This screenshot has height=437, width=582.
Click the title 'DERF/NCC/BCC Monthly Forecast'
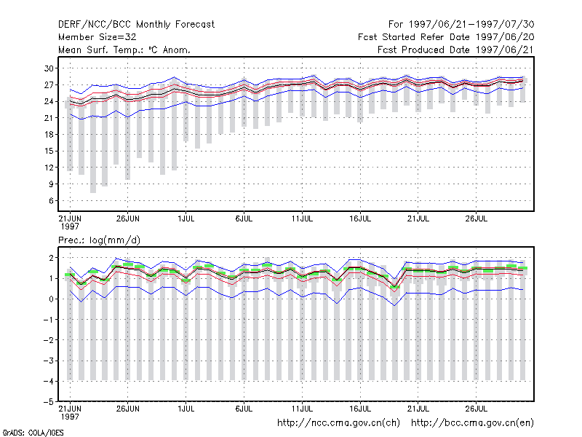point(136,25)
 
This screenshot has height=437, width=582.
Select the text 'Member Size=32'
point(97,37)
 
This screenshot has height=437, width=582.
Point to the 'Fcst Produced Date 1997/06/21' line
point(455,50)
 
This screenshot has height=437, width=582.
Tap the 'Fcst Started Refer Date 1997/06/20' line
point(446,37)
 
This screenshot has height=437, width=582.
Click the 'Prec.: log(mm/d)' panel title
point(99,240)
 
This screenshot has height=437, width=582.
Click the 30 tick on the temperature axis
point(49,68)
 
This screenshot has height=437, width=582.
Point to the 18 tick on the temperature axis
point(49,135)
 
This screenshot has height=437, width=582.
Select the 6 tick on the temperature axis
point(51,201)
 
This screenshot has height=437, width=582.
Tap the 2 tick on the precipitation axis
point(51,258)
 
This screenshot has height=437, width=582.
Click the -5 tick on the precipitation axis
point(49,402)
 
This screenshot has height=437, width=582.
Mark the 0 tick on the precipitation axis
point(51,299)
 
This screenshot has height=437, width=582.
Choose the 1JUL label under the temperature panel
point(186,219)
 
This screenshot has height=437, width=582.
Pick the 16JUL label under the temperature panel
point(360,219)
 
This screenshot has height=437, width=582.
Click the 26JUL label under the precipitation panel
point(477,409)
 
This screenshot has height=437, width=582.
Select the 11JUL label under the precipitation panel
point(302,409)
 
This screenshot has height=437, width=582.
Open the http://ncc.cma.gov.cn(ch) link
point(338,423)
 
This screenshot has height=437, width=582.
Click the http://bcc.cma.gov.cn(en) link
point(472,423)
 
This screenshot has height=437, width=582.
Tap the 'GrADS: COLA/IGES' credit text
point(33,433)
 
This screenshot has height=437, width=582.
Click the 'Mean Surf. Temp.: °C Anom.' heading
point(124,50)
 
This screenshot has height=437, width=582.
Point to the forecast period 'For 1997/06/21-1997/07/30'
point(461,25)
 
